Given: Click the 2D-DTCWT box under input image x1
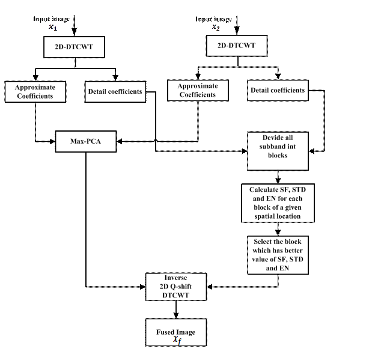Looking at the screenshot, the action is [74, 47].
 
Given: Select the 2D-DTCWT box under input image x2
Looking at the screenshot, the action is [237, 46].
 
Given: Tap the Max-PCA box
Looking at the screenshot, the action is [86, 141].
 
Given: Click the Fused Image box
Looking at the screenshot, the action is [176, 332].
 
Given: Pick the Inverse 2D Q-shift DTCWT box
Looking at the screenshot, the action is [176, 287].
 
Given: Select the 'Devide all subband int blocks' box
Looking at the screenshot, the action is [278, 151].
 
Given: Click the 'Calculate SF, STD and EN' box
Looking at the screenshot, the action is [278, 203].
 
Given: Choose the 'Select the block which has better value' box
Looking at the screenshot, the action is [278, 255].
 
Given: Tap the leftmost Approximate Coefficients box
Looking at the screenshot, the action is [35, 91].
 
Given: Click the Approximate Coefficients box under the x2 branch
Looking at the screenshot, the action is [198, 90].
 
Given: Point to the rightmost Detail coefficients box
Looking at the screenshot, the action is [278, 90].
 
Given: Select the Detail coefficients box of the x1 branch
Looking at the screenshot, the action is [115, 91].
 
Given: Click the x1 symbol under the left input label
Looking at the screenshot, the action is [53, 27].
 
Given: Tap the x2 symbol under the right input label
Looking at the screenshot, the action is [216, 27].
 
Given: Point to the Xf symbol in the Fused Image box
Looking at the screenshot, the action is [177, 340].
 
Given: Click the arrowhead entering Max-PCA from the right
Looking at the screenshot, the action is [120, 141].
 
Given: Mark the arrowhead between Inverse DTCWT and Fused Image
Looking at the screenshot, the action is [176, 315].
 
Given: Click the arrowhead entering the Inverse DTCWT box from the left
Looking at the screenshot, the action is [142, 287].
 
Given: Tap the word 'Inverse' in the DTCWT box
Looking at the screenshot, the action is [175, 278].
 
